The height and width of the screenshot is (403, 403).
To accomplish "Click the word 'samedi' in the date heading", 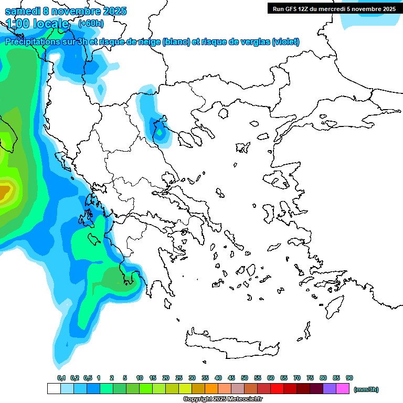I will pos(21,11).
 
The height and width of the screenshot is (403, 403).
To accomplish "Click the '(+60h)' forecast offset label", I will pos(91,23).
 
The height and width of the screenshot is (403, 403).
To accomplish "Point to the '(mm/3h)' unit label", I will pos(366,389).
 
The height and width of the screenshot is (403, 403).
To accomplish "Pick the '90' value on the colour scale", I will pos(349,378).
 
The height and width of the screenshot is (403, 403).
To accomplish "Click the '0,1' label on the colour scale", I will pos(61,378).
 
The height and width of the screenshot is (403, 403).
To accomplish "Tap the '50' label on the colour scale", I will pos(245,378).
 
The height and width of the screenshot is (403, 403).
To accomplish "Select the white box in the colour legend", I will pos(54,389).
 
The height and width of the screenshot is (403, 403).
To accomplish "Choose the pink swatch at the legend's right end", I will pos(343,389).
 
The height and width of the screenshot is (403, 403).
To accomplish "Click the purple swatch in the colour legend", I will pos(330,389).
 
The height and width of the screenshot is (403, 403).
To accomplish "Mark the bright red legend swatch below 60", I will pos(277,389).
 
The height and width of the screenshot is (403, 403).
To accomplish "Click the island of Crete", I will pos(231,341).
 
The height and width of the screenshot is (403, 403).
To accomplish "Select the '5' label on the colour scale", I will pos(125,378).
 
